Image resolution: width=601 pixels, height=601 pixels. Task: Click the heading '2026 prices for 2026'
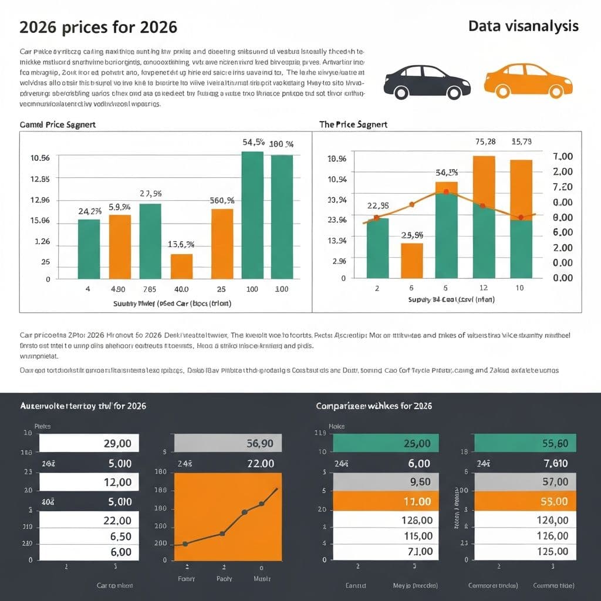[x=98, y=28]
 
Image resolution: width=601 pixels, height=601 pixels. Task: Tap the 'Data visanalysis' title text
[x=524, y=26]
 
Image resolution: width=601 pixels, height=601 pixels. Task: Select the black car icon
[x=427, y=82]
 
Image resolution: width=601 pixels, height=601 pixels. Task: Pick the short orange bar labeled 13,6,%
[x=181, y=266]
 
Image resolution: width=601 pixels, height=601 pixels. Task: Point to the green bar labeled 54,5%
[x=252, y=215]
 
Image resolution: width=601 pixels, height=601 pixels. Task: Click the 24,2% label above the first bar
[x=90, y=211]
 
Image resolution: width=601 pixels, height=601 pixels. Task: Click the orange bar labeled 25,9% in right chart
[x=411, y=260]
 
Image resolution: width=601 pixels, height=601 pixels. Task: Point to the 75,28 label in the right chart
[x=485, y=141]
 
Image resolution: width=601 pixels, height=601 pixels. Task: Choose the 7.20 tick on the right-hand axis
[x=563, y=187]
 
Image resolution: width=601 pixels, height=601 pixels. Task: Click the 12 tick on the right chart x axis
[x=484, y=288]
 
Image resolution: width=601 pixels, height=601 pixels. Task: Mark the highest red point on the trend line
[x=446, y=192]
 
